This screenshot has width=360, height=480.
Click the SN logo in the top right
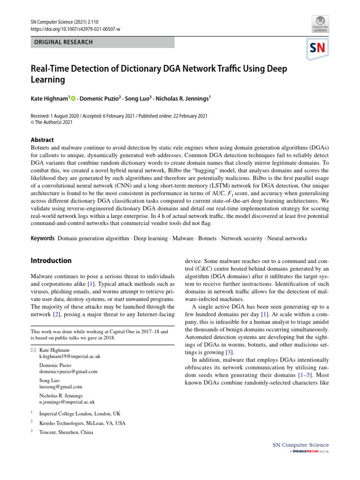pyautogui.click(x=318, y=48)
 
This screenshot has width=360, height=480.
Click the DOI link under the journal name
pyautogui.click(x=75, y=29)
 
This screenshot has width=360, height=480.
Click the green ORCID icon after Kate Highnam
pyautogui.click(x=73, y=98)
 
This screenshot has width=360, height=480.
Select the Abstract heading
pyautogui.click(x=42, y=140)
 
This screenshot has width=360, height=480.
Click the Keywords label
pyautogui.click(x=43, y=238)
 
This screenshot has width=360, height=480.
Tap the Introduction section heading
pyautogui.click(x=51, y=261)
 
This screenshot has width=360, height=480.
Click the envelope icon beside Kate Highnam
pyautogui.click(x=33, y=350)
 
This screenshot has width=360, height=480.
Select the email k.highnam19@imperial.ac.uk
pyautogui.click(x=70, y=356)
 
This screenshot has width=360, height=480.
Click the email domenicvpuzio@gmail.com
pyautogui.click(x=68, y=371)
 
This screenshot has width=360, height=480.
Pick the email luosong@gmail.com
pyautogui.click(x=60, y=387)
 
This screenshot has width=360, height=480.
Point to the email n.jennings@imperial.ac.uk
pyautogui.click(x=67, y=402)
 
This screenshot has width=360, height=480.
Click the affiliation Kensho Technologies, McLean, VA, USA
pyautogui.click(x=82, y=423)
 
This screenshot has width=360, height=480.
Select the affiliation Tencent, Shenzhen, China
pyautogui.click(x=66, y=432)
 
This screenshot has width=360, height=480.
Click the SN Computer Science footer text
pyautogui.click(x=300, y=445)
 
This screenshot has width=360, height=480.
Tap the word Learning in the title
pyautogui.click(x=48, y=80)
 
